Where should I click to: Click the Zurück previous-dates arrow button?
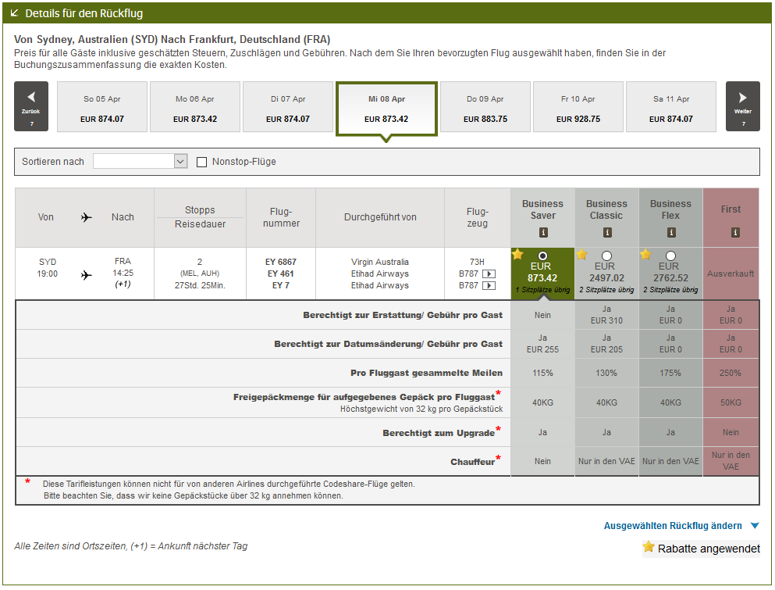click(x=31, y=106)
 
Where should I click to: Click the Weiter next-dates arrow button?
click(x=742, y=106)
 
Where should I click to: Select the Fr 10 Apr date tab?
click(x=578, y=109)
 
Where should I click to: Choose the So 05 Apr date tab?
click(x=102, y=109)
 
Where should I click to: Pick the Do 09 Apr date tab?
click(x=485, y=109)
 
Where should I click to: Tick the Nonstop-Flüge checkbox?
click(x=202, y=162)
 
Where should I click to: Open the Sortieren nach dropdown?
click(x=140, y=161)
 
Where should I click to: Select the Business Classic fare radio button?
click(x=607, y=256)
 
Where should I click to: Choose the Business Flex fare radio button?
click(x=671, y=256)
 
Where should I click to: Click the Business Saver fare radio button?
click(x=543, y=256)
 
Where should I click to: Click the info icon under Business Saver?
click(x=543, y=232)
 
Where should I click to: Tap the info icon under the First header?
click(x=731, y=232)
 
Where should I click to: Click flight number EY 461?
click(x=281, y=274)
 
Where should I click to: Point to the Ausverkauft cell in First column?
click(x=731, y=274)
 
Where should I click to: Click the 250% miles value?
click(x=731, y=373)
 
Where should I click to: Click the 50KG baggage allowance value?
click(x=731, y=402)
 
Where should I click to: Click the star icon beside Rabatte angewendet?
click(x=649, y=547)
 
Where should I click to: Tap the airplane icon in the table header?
click(x=86, y=217)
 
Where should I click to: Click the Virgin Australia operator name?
click(x=380, y=262)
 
